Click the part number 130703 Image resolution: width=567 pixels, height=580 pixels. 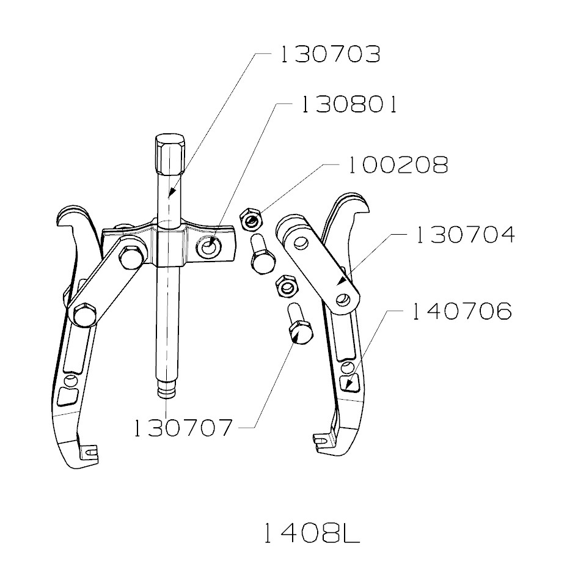click(330, 54)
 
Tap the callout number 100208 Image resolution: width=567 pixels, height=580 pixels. click(397, 164)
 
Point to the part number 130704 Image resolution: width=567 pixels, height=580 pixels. click(464, 235)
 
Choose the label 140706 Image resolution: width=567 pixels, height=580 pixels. click(461, 312)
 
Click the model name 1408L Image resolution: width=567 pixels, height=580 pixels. click(312, 534)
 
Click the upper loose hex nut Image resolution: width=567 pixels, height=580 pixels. click(251, 218)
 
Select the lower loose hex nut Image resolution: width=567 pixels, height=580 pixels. click(285, 285)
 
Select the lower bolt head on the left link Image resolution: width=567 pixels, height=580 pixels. click(83, 315)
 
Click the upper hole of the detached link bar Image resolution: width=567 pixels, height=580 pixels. click(299, 243)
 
